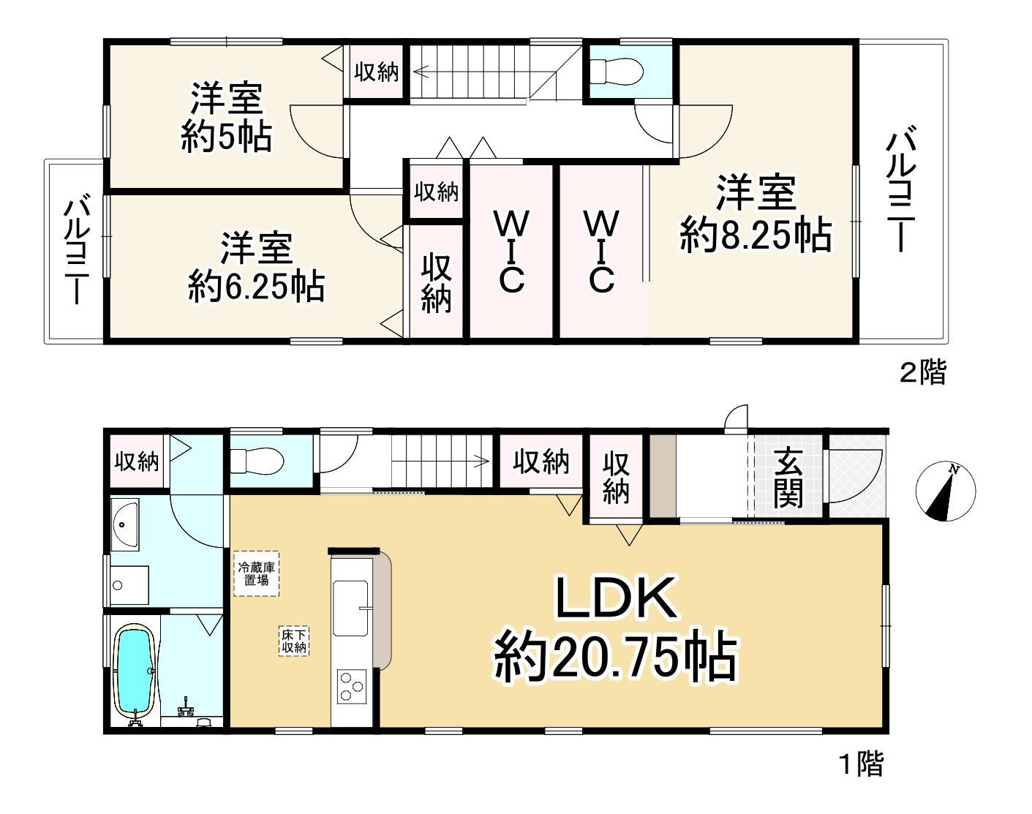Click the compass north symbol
coord(946,492)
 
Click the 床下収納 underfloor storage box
coord(294,641)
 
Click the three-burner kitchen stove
coord(350,685)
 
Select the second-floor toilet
coord(616,71)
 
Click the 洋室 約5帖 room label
coord(226,117)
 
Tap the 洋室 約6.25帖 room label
coord(257,267)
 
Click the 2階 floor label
coord(922,372)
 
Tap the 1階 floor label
coord(861,764)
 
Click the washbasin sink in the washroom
coord(125,524)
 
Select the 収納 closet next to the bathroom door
coord(137,461)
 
